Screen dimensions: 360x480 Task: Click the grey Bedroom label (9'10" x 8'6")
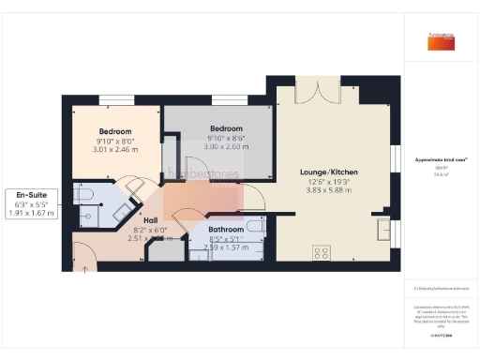point(226,128)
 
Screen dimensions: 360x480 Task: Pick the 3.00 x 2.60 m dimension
point(226,147)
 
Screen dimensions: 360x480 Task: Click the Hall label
point(151,220)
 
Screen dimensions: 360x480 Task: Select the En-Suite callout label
point(31,194)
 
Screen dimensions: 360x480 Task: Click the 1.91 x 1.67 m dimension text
point(31,213)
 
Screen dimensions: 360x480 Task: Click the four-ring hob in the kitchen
point(322,251)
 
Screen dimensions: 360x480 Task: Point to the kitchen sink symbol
point(382,228)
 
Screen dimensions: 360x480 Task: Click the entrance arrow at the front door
point(86,269)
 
